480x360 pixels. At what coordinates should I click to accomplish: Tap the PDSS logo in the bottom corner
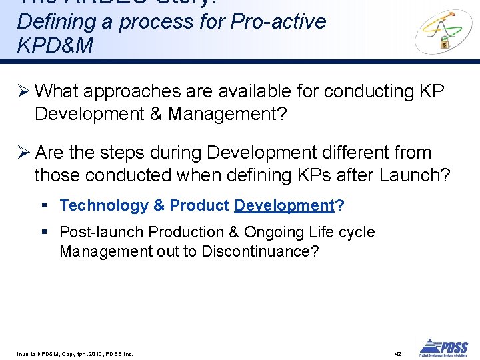pos(443,347)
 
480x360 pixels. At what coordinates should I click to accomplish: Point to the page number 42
pos(398,353)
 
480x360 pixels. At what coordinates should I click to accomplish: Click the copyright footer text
pos(75,353)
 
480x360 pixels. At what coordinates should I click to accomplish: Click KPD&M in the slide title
pos(55,45)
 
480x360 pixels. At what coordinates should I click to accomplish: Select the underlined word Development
pos(284,205)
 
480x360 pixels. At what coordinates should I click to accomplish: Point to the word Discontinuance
pos(259,251)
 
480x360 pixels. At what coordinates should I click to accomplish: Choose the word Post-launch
pos(101,232)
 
